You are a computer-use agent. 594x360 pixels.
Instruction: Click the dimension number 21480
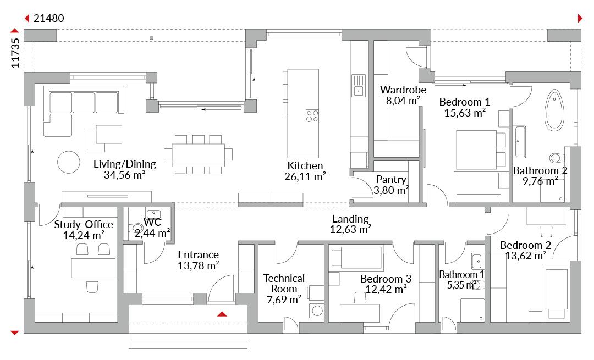click(49, 18)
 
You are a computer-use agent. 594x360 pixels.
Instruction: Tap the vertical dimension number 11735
click(15, 53)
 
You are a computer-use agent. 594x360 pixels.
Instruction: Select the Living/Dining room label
click(125, 164)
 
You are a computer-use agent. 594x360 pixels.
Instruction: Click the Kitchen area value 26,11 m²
click(305, 176)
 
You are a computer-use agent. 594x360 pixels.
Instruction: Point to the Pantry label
click(392, 179)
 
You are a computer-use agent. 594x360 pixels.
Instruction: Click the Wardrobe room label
click(403, 90)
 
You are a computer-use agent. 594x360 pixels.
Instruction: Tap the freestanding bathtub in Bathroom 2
click(554, 110)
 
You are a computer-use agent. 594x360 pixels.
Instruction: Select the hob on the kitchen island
click(312, 116)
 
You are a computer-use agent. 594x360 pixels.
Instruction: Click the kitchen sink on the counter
click(359, 86)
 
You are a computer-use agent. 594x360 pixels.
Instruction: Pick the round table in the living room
click(69, 162)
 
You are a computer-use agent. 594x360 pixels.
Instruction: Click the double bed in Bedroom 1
click(480, 150)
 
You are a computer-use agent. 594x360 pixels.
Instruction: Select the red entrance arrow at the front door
click(222, 314)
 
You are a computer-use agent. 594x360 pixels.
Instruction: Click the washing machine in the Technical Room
click(317, 311)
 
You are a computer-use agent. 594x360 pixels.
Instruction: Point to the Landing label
click(350, 219)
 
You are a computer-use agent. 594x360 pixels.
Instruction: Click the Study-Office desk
click(93, 268)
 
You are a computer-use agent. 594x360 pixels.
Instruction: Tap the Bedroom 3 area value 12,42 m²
click(386, 289)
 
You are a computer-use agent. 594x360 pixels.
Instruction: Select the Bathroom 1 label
click(461, 274)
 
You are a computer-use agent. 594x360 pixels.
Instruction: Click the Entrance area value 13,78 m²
click(199, 265)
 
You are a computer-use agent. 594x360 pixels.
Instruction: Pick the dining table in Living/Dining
click(198, 155)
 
